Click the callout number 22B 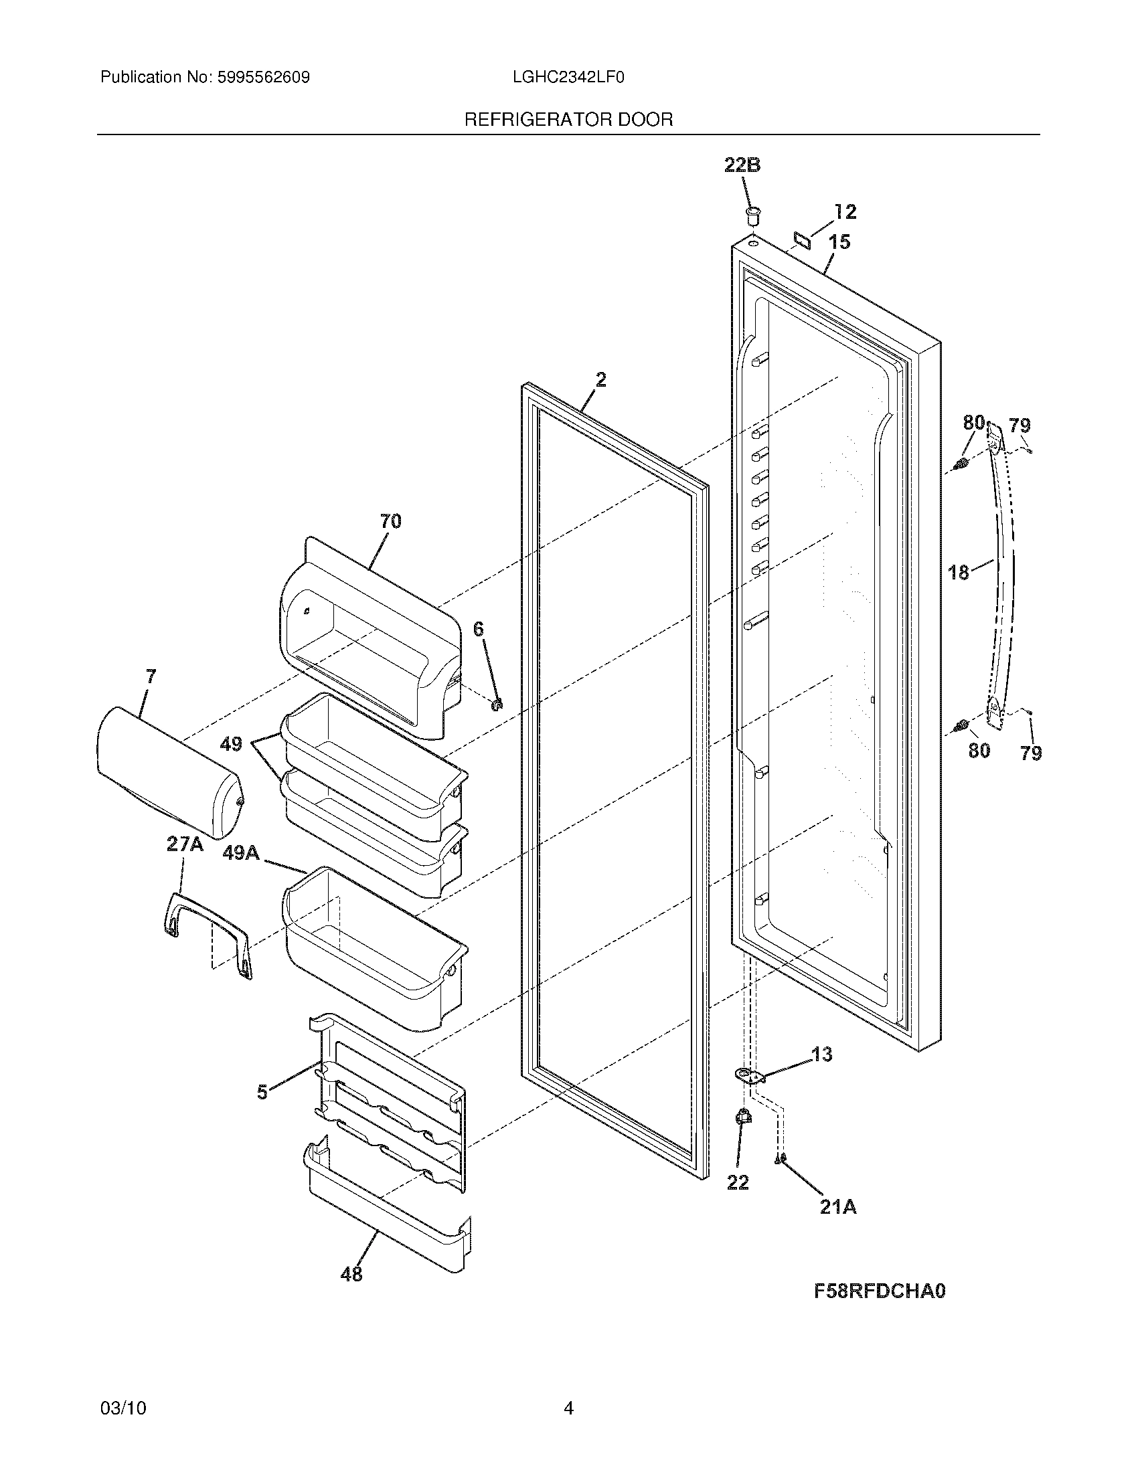[x=742, y=165]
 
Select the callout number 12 [x=845, y=211]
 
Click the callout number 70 [x=390, y=521]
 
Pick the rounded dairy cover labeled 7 [x=169, y=771]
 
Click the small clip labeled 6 [x=497, y=705]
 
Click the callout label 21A [x=838, y=1207]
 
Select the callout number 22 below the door [x=738, y=1182]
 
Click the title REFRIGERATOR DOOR [x=568, y=120]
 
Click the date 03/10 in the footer [x=123, y=1384]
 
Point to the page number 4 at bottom [x=568, y=1384]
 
